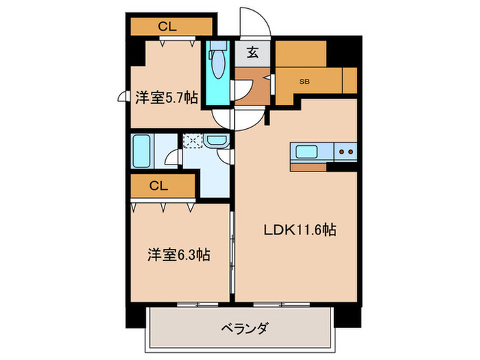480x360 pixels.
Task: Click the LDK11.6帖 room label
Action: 300,231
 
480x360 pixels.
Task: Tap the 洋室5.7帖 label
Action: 166,98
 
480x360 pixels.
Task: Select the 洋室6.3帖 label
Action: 178,255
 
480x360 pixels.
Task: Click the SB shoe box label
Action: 304,81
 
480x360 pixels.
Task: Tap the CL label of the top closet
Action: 168,27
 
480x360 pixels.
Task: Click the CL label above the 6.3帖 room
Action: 158,185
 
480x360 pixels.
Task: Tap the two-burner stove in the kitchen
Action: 346,152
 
